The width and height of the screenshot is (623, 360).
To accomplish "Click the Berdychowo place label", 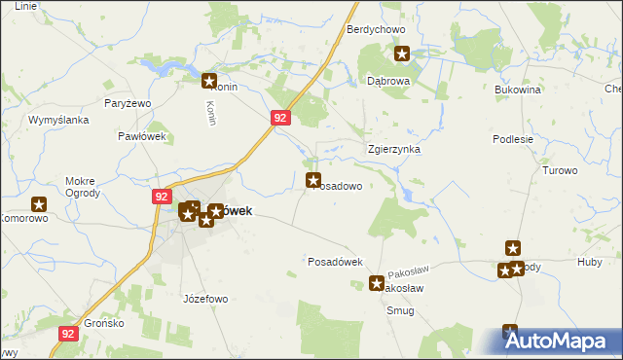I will tap(376, 30).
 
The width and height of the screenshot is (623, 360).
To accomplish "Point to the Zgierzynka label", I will tap(393, 150).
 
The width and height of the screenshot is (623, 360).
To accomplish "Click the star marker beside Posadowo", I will tap(314, 180).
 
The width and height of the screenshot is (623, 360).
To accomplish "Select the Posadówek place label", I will tap(335, 262).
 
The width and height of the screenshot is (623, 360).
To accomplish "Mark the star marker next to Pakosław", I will tap(378, 284).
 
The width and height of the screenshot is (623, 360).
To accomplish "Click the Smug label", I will tap(400, 311).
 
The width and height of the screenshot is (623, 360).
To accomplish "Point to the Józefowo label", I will tap(204, 299).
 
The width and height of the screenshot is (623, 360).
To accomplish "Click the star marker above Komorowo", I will tap(40, 204).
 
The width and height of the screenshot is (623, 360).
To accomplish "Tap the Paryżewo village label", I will tap(127, 103).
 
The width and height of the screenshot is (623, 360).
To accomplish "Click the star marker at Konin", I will tap(208, 82).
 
